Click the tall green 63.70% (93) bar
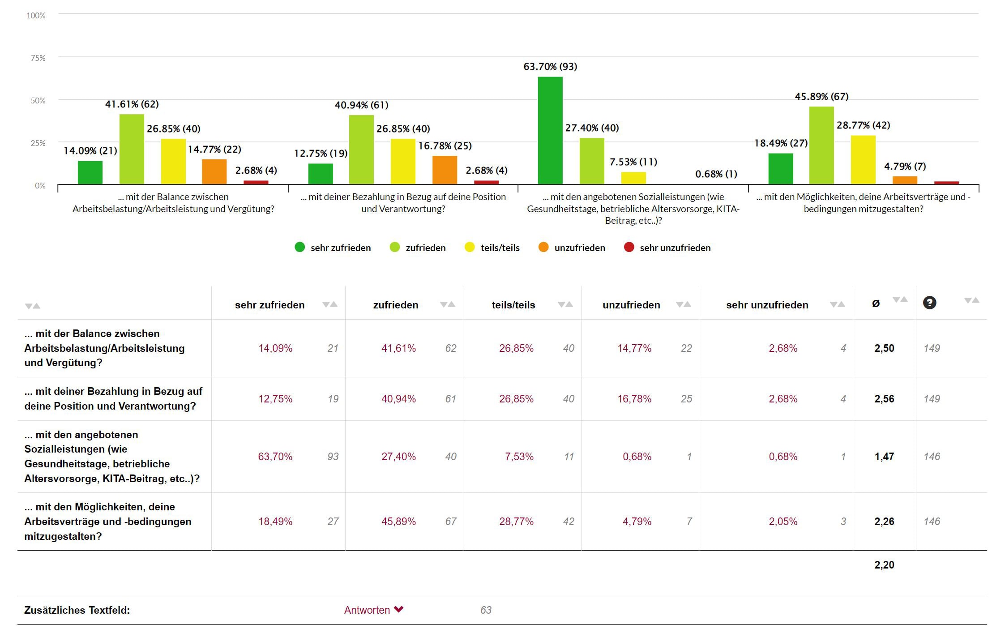coord(550,130)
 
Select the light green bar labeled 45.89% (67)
coord(821,145)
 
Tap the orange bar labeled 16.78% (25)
coord(445,170)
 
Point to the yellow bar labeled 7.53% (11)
coord(633,178)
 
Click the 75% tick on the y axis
coord(38,58)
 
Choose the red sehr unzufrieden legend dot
coord(629,247)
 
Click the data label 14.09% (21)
coord(90,151)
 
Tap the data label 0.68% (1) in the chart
coord(716,174)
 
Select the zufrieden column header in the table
coord(396,305)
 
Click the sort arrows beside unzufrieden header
coord(684,304)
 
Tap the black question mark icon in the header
coord(929,303)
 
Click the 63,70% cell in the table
coord(275,457)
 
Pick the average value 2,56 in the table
coord(884,399)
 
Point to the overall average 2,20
coord(884,565)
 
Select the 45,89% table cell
coord(398,522)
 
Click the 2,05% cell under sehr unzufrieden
coord(783,522)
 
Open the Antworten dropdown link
coord(373,610)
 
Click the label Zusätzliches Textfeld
coord(77,610)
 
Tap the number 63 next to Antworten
coord(486,610)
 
